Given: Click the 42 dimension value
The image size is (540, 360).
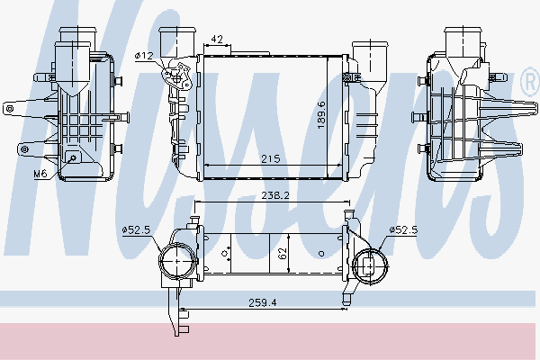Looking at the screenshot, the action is [217, 40].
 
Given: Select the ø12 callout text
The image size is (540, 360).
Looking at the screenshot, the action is [144, 56].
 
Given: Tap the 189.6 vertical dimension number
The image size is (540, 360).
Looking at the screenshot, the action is [321, 115].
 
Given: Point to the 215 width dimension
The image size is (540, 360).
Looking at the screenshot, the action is [271, 159].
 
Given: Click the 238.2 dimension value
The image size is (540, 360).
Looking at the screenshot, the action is [275, 195].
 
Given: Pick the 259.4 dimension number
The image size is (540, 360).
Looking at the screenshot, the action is [263, 302].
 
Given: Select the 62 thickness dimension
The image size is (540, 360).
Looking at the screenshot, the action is [283, 254].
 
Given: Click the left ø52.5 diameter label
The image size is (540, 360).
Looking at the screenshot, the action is [137, 229].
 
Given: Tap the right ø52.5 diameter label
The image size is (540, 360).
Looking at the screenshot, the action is [403, 229].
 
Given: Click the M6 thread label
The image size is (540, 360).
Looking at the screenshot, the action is [40, 174].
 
